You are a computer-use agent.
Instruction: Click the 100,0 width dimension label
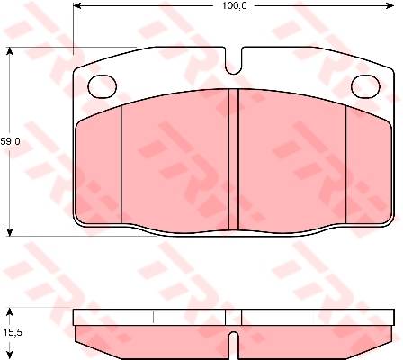(235, 5)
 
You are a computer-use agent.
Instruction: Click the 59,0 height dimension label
(10, 141)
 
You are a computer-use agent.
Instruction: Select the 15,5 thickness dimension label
(13, 332)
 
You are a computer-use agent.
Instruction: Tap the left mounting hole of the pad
(102, 86)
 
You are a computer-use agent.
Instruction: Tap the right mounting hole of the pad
(365, 86)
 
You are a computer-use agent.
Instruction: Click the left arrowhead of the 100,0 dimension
(77, 5)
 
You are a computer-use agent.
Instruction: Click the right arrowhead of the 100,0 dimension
(390, 5)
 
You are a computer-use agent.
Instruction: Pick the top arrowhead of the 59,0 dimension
(10, 51)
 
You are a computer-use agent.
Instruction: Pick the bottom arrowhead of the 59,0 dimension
(10, 232)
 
